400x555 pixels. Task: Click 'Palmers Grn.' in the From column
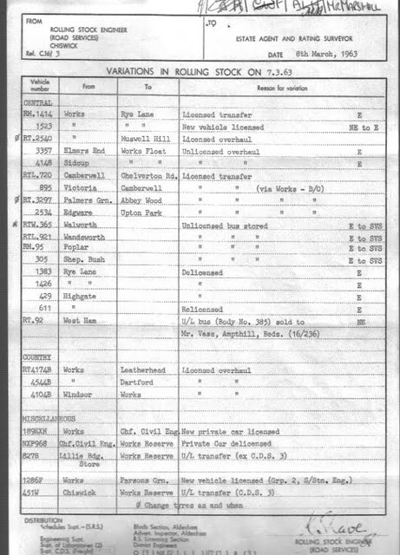coord(84,199)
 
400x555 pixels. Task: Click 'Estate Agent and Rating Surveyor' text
coord(285,39)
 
